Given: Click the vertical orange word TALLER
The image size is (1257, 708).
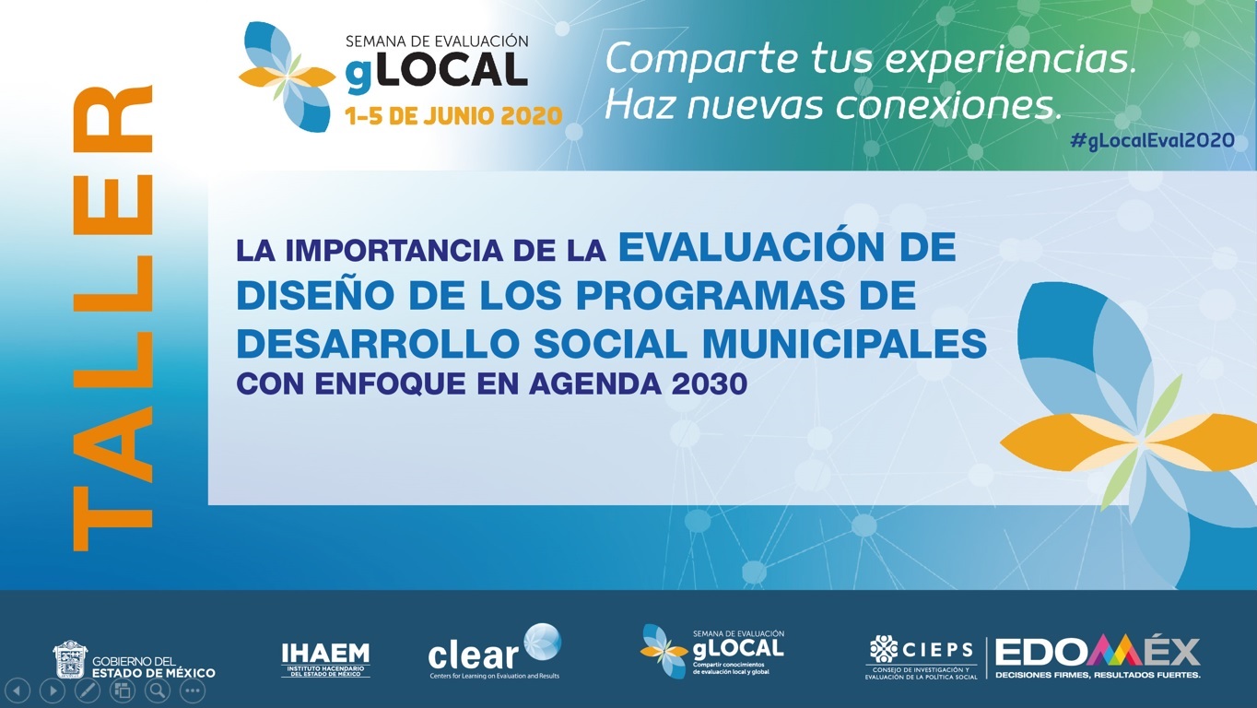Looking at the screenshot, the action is click(112, 318).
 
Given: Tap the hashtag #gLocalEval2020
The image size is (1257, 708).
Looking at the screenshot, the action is click(1152, 140).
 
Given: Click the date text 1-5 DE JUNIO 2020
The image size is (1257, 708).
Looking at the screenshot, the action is click(453, 116).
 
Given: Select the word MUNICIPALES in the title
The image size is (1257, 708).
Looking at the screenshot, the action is click(844, 344).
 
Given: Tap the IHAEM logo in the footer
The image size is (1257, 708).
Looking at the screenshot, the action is click(325, 659).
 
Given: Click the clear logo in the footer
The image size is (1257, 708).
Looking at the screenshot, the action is click(494, 653).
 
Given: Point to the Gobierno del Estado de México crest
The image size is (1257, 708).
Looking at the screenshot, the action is click(70, 659).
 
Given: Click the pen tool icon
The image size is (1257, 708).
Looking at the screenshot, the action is click(87, 690).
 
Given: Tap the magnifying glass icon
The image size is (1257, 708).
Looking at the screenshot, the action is click(158, 690).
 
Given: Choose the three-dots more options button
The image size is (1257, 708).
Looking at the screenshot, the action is click(193, 690).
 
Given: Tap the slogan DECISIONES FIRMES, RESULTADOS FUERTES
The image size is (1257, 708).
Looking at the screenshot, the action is click(1098, 675).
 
